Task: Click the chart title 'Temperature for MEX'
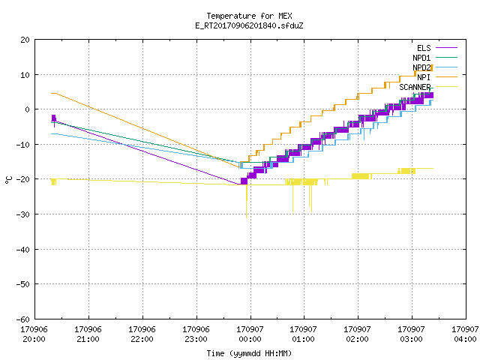coord(249,16)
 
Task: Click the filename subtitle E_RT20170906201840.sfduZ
coord(249,25)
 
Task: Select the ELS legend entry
coord(437,48)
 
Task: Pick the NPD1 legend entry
coord(435,58)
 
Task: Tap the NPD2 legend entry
coord(435,67)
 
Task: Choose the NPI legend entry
coord(437,77)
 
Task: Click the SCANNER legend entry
coord(428,87)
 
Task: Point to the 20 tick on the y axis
coord(25,40)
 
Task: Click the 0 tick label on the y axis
coord(27,109)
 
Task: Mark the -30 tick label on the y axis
coord(23,214)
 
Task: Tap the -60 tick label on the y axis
coord(23,319)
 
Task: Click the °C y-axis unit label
coord(8,180)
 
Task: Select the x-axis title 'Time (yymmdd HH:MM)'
coord(249,353)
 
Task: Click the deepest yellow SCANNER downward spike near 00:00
coord(247,217)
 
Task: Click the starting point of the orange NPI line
coord(52,93)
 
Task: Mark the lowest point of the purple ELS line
coord(238,184)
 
